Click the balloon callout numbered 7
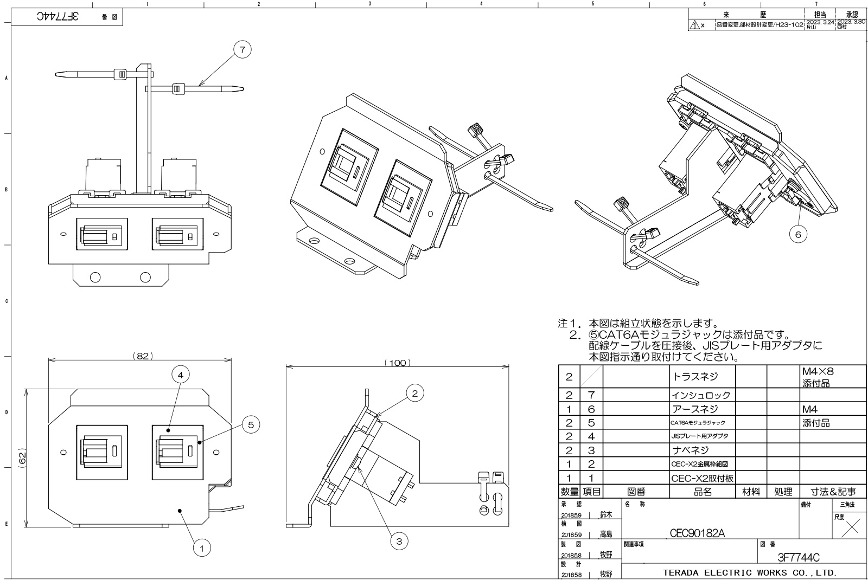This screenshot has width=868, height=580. point(242,50)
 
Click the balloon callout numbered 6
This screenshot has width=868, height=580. point(797,234)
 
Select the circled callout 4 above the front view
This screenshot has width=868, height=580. point(181,375)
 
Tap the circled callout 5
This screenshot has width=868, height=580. point(250,424)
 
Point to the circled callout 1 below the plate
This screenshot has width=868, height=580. point(201,549)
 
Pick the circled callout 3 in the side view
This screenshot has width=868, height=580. point(399,540)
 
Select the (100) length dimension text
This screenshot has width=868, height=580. point(398,363)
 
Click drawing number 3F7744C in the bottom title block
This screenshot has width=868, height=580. point(798,557)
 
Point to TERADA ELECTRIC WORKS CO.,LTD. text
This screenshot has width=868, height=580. point(749,572)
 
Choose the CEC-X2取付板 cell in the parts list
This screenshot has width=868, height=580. point(695,478)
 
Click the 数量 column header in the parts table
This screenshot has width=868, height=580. point(569,492)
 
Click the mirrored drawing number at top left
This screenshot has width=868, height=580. point(58,17)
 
